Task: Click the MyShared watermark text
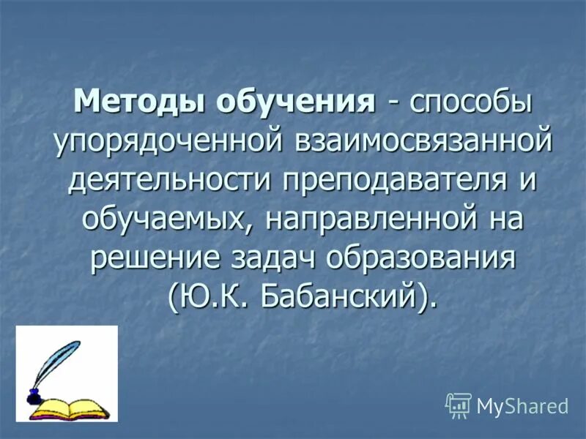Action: pos(522,405)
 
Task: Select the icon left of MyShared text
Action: pos(459,404)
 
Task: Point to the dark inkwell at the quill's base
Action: pos(33,397)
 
